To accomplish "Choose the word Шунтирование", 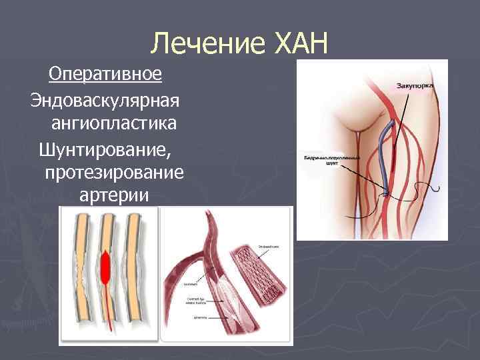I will [104, 149].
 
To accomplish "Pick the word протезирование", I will [113, 173].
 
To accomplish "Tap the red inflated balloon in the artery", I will [106, 267].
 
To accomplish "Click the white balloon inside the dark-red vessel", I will [217, 294].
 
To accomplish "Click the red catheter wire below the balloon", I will [106, 313].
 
